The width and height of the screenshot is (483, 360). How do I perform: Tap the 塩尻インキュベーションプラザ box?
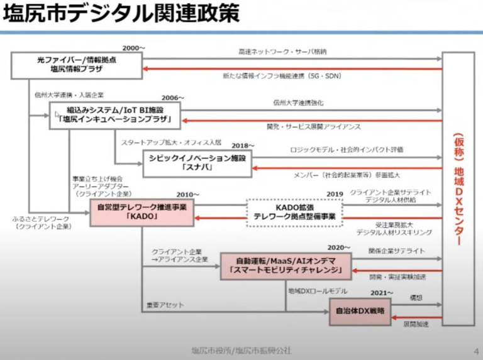coord(115,115)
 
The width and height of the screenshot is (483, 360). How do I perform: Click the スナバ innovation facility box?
coord(197,163)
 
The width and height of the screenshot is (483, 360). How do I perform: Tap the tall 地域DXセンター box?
coord(458,188)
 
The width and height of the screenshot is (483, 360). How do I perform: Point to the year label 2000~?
coord(135,48)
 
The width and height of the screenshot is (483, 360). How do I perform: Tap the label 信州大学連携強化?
coord(299,102)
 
